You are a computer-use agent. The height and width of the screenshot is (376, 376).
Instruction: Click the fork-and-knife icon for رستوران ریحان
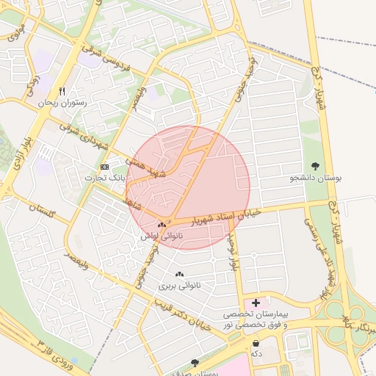pos(62,91)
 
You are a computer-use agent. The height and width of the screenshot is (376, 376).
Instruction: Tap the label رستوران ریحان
pos(65,104)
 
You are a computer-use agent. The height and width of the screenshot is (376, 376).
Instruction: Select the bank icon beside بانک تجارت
pos(104,167)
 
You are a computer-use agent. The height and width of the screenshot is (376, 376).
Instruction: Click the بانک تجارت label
pos(105,178)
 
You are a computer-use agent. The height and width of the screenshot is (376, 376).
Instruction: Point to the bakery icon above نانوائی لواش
pos(162,225)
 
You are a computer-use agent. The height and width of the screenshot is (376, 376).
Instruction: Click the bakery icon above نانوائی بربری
pos(179,274)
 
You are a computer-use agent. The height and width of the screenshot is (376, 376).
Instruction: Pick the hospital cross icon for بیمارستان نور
pos(256,302)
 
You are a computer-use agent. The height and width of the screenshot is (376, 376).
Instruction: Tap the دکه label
pos(256,354)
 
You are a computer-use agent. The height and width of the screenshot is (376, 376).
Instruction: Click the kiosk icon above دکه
pos(256,343)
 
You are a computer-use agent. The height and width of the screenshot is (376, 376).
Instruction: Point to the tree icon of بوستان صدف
pos(195,362)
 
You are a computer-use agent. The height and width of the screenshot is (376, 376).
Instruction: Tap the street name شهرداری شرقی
pos(81,139)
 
